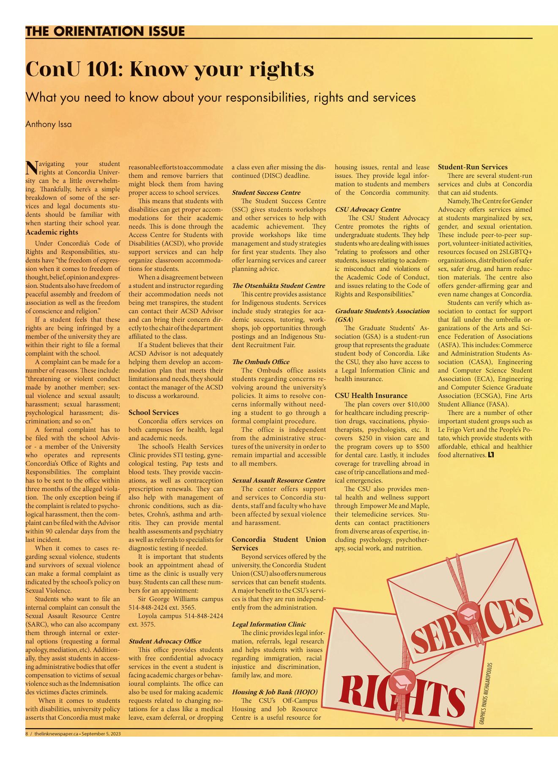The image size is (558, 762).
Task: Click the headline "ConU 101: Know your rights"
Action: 170,69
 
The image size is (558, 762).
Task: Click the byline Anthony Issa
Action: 48,124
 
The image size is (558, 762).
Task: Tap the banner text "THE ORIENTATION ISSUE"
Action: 105,31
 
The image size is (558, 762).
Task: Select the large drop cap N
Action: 32,168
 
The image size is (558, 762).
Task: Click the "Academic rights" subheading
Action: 52,232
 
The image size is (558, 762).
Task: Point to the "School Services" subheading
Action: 153,412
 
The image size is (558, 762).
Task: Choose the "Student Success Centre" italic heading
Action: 266,193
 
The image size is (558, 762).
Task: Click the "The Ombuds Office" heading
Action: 260,362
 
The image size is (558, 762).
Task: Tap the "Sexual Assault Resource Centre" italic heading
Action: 278,480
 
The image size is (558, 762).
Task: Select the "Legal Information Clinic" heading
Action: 268,624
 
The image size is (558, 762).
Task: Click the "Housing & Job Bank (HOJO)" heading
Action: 274,692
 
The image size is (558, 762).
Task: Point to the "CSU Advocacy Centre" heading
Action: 367,210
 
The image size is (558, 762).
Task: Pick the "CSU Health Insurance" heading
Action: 371,396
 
